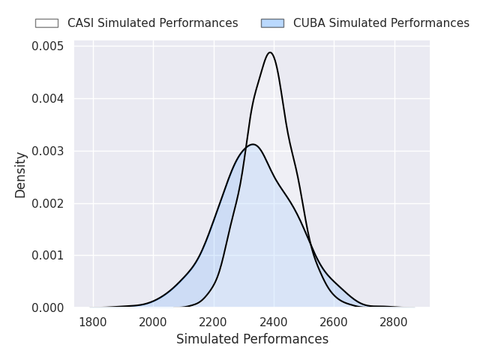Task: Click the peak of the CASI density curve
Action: [270, 52]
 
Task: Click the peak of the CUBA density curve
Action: [253, 144]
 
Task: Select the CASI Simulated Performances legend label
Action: [152, 23]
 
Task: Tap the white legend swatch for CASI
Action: [46, 23]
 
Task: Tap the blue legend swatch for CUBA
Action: [272, 23]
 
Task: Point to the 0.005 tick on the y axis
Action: [48, 46]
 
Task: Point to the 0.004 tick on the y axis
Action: [48, 99]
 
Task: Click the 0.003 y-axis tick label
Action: [48, 151]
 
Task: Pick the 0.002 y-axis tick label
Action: [48, 203]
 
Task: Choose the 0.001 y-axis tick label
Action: [48, 256]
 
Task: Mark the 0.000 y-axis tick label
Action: [48, 307]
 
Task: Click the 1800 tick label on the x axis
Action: [93, 323]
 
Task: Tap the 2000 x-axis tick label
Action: [153, 323]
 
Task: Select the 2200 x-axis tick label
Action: [214, 323]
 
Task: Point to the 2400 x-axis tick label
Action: [274, 323]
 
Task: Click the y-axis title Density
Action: [21, 175]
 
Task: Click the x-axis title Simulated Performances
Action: [252, 340]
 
